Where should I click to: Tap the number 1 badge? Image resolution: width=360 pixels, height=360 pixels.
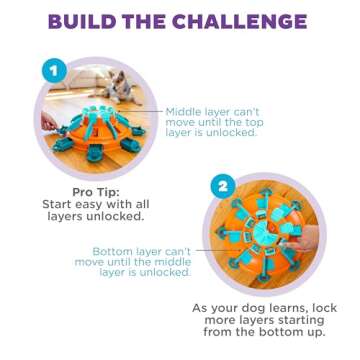tap(53, 71)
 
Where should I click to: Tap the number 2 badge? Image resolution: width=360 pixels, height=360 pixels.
tap(224, 186)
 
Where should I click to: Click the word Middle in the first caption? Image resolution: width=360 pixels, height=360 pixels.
tap(186, 111)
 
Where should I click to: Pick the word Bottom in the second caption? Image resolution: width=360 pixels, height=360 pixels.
tap(115, 251)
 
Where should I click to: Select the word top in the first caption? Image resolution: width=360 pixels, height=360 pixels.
tap(267, 121)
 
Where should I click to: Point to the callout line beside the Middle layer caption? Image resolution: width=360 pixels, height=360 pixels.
tap(150, 111)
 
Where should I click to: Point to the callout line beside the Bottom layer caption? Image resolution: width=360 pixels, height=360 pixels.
tap(204, 251)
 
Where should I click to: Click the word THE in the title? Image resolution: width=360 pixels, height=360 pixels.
tap(150, 21)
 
